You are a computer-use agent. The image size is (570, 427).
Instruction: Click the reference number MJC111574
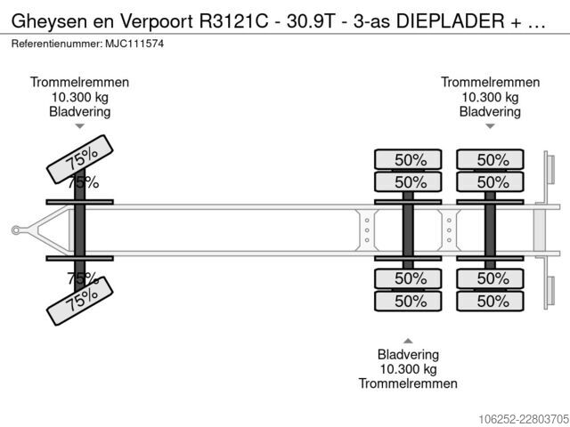[x=134, y=44]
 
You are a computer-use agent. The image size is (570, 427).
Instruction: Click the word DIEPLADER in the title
[x=450, y=21]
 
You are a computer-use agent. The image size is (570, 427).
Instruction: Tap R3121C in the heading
[x=233, y=21]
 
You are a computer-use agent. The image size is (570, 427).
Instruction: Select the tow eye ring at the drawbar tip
[x=16, y=230]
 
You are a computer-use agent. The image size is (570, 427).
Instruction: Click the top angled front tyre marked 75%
[x=80, y=159]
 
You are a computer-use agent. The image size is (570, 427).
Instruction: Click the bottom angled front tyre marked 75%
[x=80, y=301]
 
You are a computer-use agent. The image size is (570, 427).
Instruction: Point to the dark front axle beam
[x=79, y=230]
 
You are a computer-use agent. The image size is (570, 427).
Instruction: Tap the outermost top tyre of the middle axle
[x=408, y=159]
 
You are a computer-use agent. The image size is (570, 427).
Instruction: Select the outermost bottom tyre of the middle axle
[x=408, y=301]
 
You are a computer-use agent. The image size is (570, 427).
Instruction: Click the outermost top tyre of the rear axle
[x=490, y=159]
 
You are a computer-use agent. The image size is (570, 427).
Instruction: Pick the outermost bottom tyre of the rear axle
[x=490, y=301]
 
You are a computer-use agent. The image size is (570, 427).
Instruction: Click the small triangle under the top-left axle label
[x=79, y=126]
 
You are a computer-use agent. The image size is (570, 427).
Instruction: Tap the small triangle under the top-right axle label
[x=490, y=126]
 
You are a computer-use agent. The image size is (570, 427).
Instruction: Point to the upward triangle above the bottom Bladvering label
[x=408, y=341]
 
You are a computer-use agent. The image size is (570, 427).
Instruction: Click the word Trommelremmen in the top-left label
[x=79, y=82]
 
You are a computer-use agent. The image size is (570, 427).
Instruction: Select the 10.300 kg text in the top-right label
[x=490, y=97]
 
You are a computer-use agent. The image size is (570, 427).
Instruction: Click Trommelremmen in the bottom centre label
[x=408, y=383]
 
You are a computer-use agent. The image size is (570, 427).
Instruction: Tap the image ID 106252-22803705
[x=524, y=419]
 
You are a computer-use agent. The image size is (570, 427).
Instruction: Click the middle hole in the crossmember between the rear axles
[x=449, y=230]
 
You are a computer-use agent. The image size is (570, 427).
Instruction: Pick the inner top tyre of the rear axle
[x=490, y=181]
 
